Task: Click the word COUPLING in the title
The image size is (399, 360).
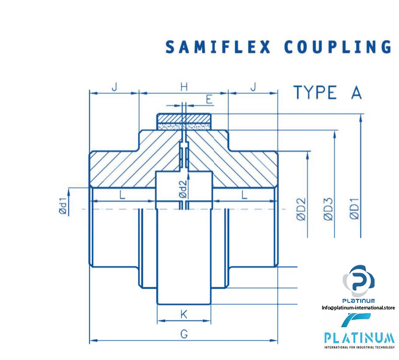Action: pos(337,47)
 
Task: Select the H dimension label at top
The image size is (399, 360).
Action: pos(184,87)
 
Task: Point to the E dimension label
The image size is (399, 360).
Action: pos(209,99)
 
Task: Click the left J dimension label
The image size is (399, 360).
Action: pos(114,87)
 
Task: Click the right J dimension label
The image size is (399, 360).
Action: pos(253,87)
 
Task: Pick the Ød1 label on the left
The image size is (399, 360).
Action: pos(64,206)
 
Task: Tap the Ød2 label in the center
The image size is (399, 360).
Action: pos(184,189)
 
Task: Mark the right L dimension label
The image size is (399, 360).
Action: pos(245,195)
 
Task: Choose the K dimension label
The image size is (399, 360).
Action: pos(184,314)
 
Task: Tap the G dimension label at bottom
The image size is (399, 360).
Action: pos(184,334)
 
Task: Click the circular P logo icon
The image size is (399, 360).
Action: pos(358,281)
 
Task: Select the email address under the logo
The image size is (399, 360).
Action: pos(358,307)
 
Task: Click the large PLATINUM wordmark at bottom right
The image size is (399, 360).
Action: pos(359,338)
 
